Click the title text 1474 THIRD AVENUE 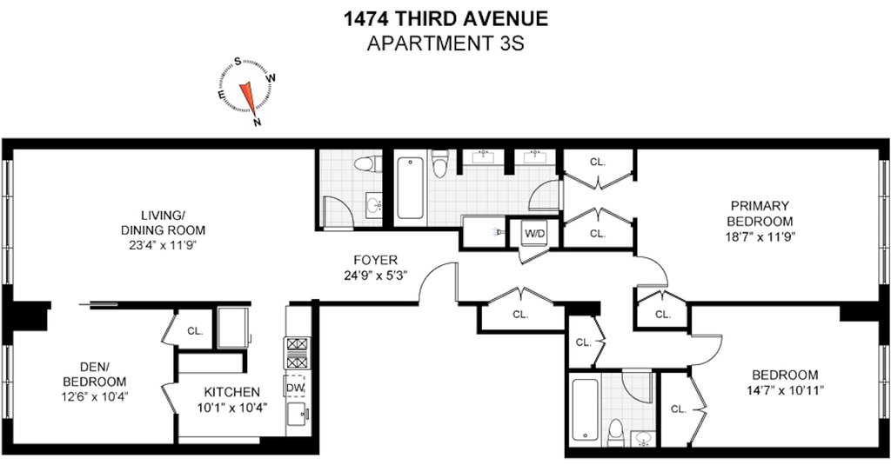click(445, 19)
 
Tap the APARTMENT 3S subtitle click(445, 43)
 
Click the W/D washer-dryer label click(534, 233)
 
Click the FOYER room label click(375, 260)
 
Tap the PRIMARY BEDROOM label click(760, 213)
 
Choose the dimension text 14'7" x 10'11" click(785, 390)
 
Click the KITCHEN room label click(231, 392)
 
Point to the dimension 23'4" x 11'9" click(163, 245)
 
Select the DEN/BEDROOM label click(94, 375)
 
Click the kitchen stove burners click(297, 353)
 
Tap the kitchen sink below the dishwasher click(297, 415)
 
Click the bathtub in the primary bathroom click(410, 188)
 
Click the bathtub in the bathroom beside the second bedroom click(585, 409)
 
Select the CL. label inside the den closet click(195, 331)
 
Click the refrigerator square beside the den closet click(233, 328)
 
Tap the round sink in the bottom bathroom click(643, 438)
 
